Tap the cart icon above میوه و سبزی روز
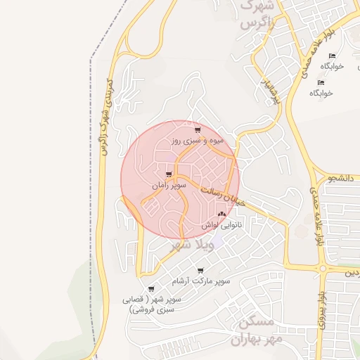[198, 130]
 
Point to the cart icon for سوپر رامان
[167, 174]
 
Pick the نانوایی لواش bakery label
[221, 225]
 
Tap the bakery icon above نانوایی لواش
[221, 214]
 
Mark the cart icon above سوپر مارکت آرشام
[201, 270]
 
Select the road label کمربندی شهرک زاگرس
[105, 116]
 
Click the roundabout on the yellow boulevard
[322, 269]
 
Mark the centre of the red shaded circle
[180, 179]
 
